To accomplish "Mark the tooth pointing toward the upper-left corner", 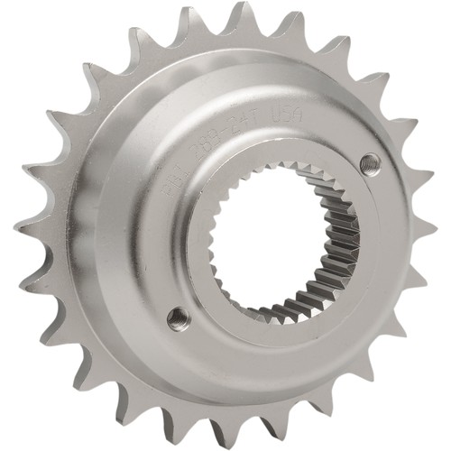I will click(86, 68).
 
